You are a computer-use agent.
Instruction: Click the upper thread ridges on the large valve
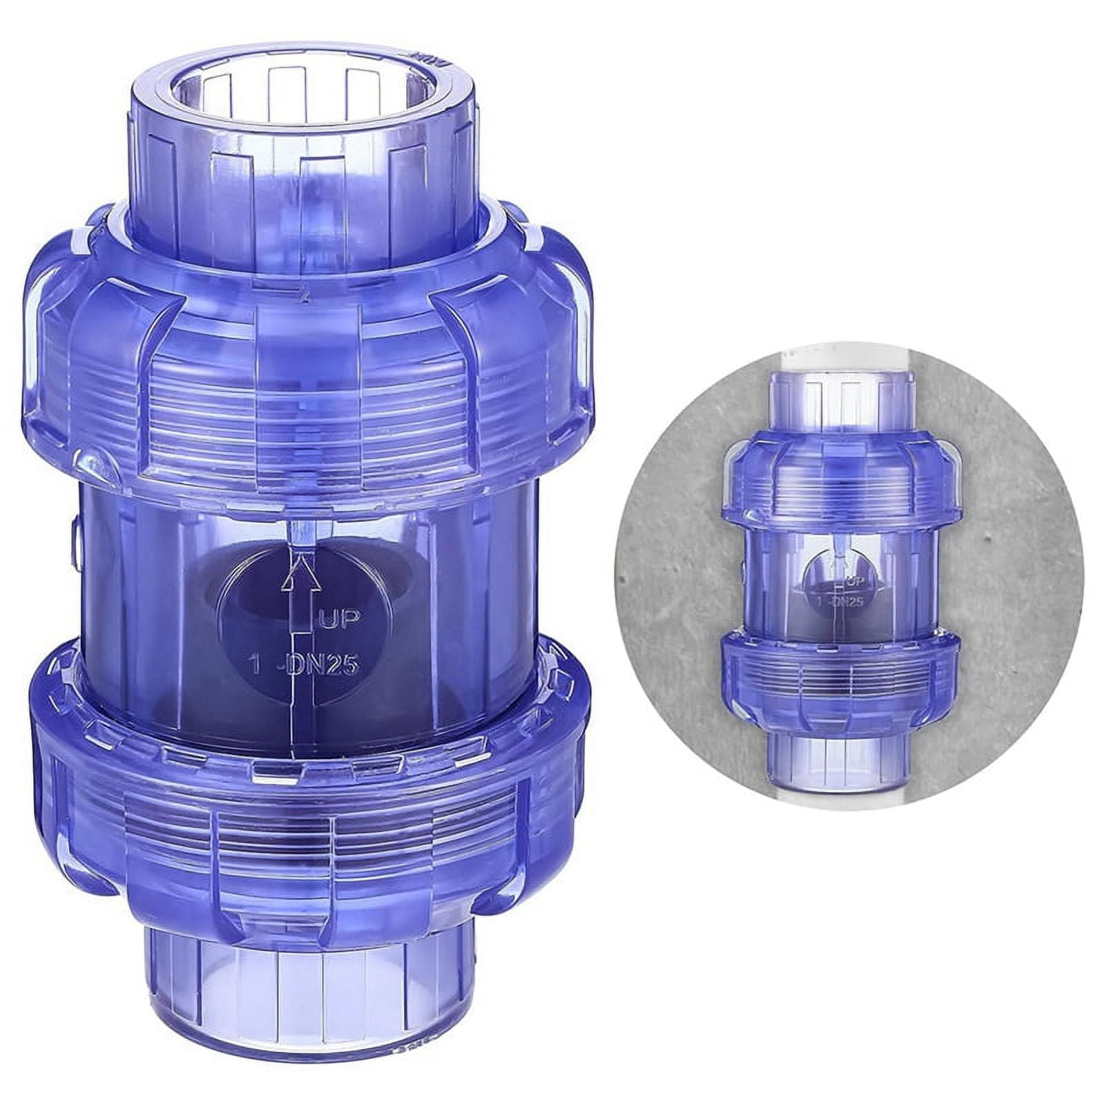click(x=304, y=428)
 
